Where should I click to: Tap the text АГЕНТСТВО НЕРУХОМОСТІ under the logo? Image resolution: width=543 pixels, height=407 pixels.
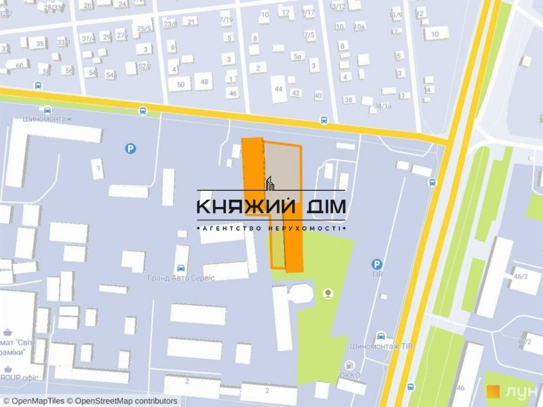(270, 228)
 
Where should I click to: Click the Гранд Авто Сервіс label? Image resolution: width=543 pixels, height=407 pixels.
(180, 278)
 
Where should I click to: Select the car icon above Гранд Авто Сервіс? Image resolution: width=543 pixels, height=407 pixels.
(180, 268)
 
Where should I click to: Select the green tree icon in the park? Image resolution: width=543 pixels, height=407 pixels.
(327, 294)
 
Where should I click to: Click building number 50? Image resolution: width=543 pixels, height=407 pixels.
(181, 84)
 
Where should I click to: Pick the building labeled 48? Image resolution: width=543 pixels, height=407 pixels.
(204, 82)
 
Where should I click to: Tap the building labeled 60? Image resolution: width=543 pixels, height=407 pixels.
(20, 66)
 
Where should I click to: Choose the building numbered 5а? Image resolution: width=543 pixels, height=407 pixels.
(297, 56)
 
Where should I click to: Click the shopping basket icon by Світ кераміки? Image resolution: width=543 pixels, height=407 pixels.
(7, 331)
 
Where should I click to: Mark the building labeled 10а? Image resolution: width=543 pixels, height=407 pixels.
(359, 26)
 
